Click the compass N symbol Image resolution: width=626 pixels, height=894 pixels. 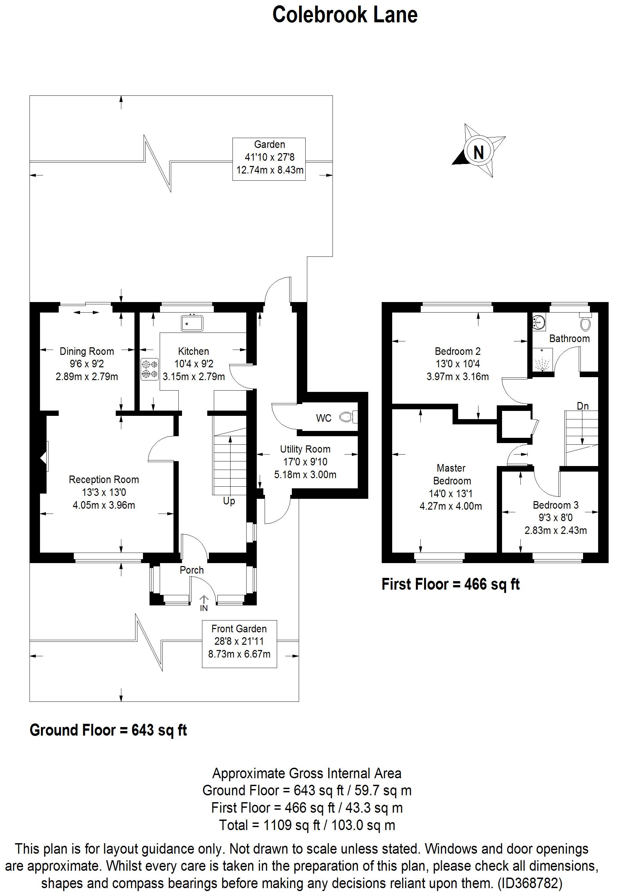[x=478, y=152]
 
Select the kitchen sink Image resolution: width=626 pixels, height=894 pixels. [x=192, y=323]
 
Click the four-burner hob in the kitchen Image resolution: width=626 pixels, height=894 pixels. [x=150, y=369]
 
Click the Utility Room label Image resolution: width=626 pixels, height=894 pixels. [x=305, y=449]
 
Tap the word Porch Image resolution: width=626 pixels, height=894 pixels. [x=192, y=570]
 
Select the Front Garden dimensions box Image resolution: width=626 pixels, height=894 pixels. [x=239, y=644]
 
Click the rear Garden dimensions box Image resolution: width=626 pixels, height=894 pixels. [x=269, y=159]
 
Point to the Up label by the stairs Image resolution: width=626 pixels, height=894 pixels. [x=229, y=501]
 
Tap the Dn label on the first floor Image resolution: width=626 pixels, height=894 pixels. [x=582, y=406]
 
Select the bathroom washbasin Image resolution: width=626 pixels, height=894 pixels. [x=539, y=322]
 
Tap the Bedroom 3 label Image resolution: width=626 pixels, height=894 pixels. [x=555, y=505]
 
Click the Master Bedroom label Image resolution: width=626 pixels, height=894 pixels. [x=451, y=474]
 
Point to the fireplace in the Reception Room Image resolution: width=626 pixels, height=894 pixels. [x=44, y=456]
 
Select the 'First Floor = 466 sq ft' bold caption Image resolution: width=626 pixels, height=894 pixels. [x=451, y=584]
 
